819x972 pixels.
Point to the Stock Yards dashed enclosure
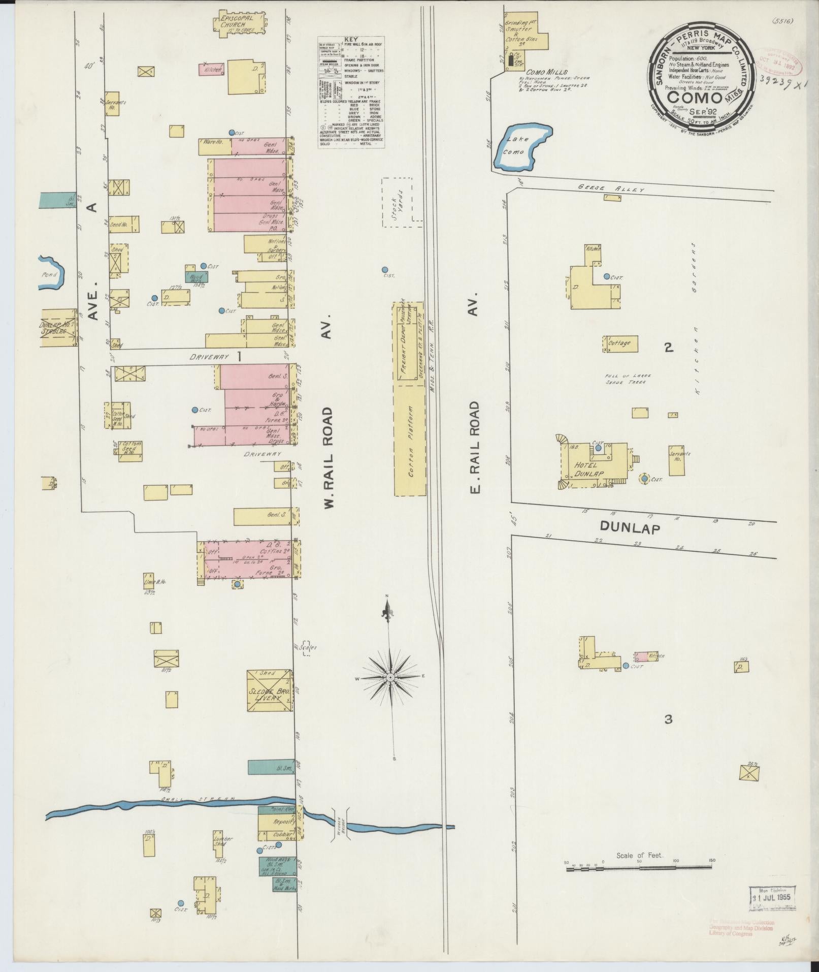[397, 199]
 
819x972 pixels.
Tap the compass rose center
[390, 678]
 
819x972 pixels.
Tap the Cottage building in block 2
[620, 343]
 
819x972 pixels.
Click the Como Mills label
[546, 73]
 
